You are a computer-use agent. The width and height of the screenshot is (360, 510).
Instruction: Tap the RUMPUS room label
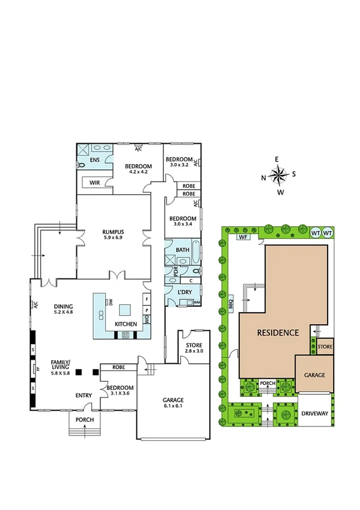[112, 232]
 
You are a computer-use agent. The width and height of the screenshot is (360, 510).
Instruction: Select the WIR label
[94, 182]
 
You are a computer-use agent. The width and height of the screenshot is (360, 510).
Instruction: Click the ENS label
[94, 161]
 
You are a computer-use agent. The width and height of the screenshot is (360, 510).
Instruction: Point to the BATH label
[183, 250]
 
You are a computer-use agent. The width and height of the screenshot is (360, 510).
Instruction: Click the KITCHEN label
[127, 324]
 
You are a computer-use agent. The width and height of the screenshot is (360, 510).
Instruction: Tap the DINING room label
[63, 305]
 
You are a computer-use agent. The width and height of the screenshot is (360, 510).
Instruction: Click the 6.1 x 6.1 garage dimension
[174, 407]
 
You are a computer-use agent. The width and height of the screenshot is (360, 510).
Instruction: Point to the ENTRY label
[83, 395]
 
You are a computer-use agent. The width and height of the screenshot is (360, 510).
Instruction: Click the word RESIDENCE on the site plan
[278, 333]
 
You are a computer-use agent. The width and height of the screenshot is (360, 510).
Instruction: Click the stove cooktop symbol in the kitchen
[127, 334]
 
